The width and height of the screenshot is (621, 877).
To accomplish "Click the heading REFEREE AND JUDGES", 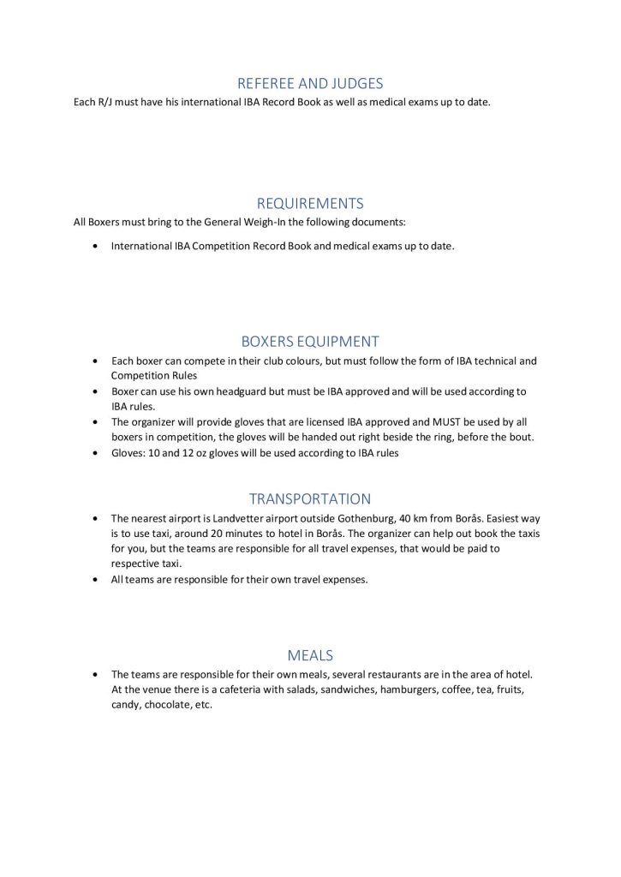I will (x=310, y=83).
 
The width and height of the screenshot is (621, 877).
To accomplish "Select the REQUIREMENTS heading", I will (x=310, y=203).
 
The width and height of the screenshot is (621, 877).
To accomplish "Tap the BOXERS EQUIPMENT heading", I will (x=310, y=341).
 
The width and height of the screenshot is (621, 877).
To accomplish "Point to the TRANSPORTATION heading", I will (x=310, y=498).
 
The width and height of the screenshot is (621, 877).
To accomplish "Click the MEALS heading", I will (x=310, y=655).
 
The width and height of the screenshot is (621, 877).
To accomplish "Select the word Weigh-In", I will (x=248, y=223).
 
